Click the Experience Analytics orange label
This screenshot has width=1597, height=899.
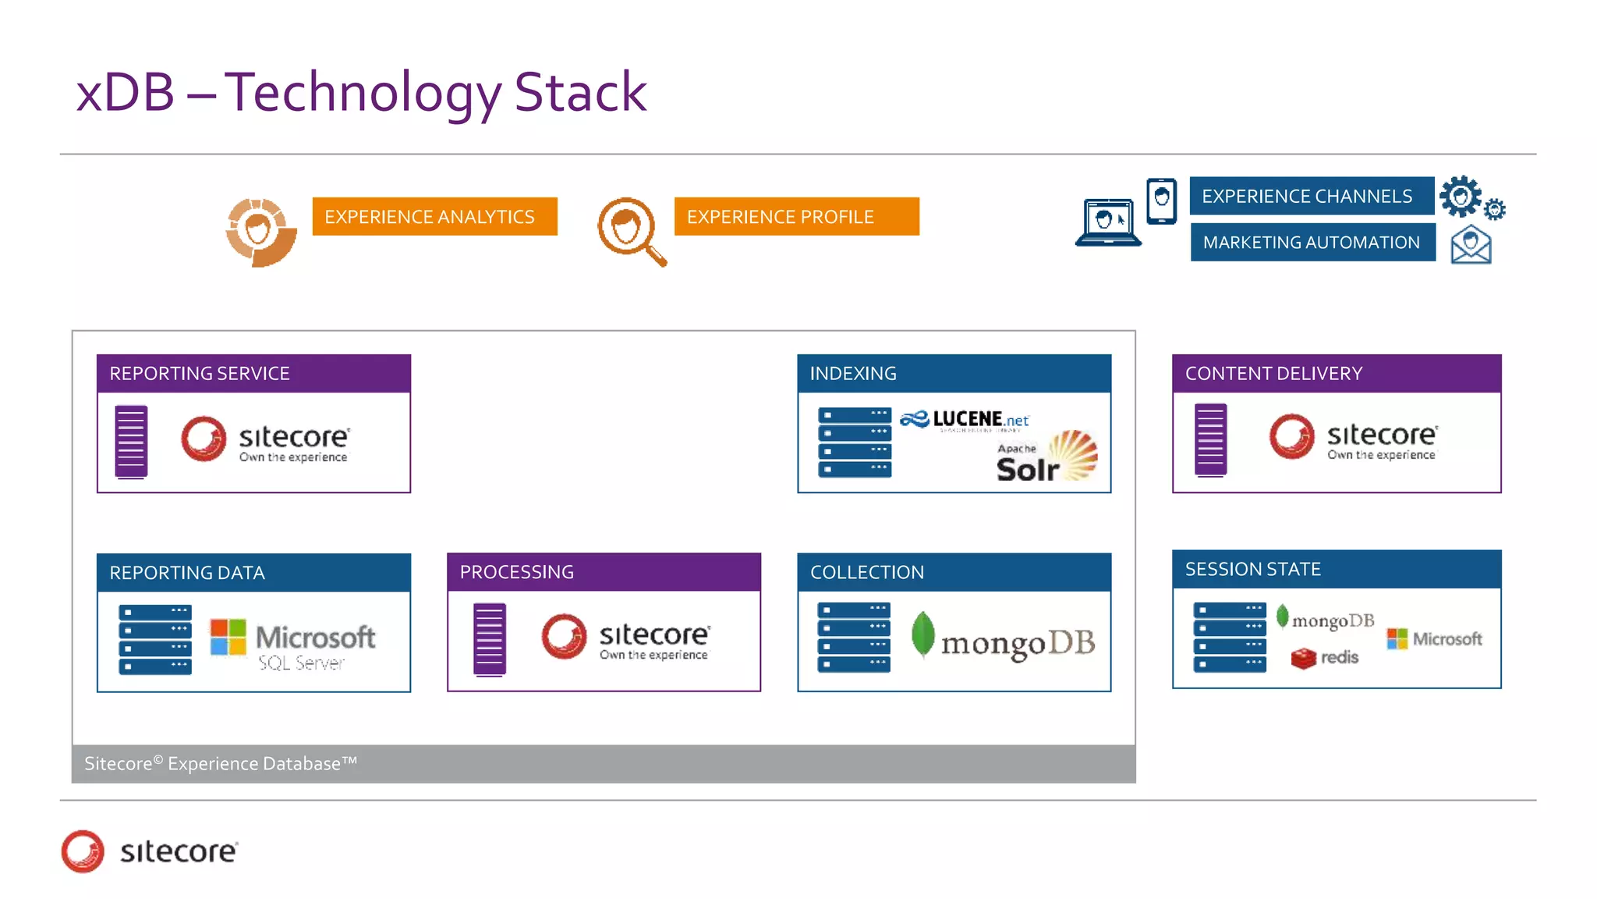point(434,216)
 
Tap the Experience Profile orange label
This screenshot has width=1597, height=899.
point(796,216)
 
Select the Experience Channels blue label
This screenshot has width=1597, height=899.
point(1311,196)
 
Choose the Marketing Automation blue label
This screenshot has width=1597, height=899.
point(1312,242)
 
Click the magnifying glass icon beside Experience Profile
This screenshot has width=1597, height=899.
point(631,231)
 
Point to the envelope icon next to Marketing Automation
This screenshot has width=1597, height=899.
point(1471,245)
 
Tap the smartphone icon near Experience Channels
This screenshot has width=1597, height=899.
point(1161,201)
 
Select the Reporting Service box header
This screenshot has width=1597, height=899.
point(253,373)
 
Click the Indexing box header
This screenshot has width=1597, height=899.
point(954,373)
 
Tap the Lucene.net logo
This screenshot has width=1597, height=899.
point(965,421)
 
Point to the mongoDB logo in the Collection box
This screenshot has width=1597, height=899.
point(1004,639)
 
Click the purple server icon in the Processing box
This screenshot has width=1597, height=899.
point(490,639)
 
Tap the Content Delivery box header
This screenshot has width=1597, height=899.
point(1337,373)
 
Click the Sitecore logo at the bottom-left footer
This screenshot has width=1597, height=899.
point(150,851)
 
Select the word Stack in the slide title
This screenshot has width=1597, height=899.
point(580,92)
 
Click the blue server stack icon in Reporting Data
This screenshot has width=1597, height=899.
point(155,639)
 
